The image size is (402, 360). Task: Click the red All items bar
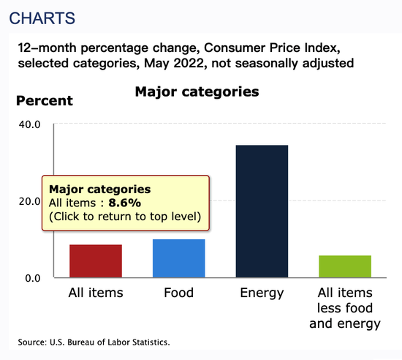(96, 261)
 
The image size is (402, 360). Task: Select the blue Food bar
(178, 258)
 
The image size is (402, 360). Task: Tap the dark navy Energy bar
(262, 211)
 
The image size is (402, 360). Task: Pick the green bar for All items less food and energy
(345, 266)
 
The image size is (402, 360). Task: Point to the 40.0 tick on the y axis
(29, 124)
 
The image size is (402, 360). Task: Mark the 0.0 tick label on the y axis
(33, 278)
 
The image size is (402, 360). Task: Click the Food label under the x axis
(178, 293)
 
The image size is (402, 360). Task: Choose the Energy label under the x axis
(262, 293)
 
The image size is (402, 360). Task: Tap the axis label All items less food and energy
(345, 308)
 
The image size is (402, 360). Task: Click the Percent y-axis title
(45, 100)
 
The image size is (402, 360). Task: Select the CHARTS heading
(42, 18)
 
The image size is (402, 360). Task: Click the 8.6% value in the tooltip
(124, 203)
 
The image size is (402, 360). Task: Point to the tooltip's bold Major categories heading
(99, 190)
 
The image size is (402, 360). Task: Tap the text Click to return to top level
(125, 217)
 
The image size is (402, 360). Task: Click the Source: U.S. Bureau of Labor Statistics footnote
(94, 342)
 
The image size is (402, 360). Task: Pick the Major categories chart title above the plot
(197, 92)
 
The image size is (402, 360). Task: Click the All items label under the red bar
(96, 293)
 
